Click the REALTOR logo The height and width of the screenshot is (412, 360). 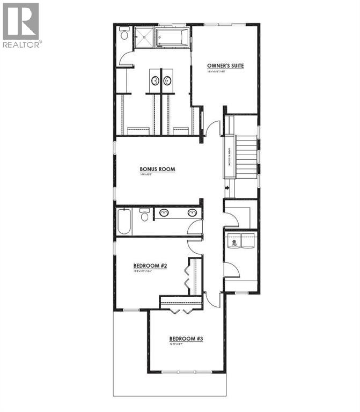click(x=21, y=25)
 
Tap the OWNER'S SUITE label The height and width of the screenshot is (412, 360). click(x=225, y=66)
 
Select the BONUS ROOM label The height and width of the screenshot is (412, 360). click(x=158, y=169)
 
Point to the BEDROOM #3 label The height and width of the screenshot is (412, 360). click(x=186, y=339)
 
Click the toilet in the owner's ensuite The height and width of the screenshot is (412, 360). click(x=124, y=35)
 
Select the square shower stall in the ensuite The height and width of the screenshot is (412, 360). click(x=143, y=37)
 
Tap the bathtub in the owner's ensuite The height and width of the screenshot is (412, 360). click(x=173, y=38)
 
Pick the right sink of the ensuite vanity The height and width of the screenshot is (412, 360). click(x=167, y=81)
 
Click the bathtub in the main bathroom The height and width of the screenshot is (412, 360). click(x=123, y=222)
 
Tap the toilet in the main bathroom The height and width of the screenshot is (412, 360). click(x=144, y=215)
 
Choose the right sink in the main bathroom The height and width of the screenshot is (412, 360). click(x=191, y=212)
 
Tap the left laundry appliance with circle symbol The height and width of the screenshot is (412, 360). click(x=233, y=241)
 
